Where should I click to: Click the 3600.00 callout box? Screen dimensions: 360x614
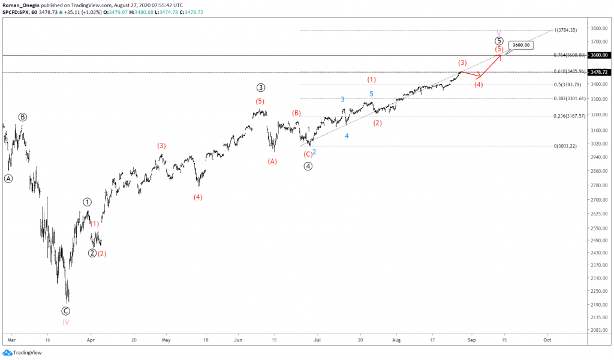[520, 45]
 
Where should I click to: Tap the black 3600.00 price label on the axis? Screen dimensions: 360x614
[600, 55]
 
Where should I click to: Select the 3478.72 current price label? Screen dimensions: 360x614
[600, 72]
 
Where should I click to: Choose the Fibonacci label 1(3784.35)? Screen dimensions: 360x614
[565, 30]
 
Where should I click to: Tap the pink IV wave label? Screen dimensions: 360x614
[65, 322]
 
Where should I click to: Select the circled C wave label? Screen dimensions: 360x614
[65, 311]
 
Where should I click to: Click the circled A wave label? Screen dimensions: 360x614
[8, 178]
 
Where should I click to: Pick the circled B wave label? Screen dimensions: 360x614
[22, 117]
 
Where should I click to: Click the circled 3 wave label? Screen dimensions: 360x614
[261, 88]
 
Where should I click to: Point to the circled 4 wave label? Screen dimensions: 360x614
[308, 166]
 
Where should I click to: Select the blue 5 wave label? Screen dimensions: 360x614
[371, 94]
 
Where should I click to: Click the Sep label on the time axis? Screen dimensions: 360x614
[471, 339]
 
